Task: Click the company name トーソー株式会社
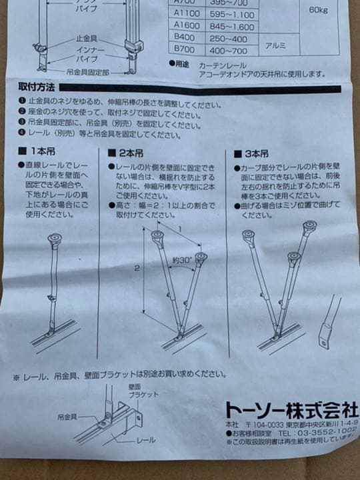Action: (x=291, y=408)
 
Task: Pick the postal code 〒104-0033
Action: (x=266, y=423)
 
